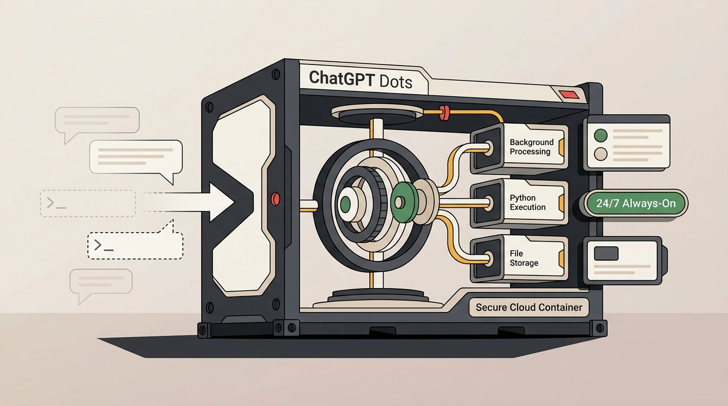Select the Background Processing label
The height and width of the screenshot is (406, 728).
tap(531, 147)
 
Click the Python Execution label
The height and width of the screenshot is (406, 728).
tap(527, 202)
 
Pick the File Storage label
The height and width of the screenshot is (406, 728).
tap(524, 258)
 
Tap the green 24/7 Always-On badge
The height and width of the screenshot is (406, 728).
tap(636, 204)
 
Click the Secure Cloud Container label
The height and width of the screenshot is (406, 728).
tap(529, 307)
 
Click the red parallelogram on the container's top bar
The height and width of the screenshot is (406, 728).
tap(569, 95)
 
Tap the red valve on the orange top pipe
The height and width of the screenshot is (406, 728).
tap(443, 113)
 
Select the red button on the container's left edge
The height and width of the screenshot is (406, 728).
tap(275, 199)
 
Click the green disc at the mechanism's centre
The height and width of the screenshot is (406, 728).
tap(401, 202)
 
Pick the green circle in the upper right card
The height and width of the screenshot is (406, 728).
tap(600, 135)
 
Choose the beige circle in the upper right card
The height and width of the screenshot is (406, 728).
tap(600, 154)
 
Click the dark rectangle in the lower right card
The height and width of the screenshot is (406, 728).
tap(606, 253)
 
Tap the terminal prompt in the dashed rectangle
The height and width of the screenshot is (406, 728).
tap(57, 203)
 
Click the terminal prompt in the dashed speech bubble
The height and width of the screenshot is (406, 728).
tap(104, 245)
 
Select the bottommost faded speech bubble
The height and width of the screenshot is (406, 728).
tap(101, 283)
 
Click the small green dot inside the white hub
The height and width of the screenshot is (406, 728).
tap(345, 204)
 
